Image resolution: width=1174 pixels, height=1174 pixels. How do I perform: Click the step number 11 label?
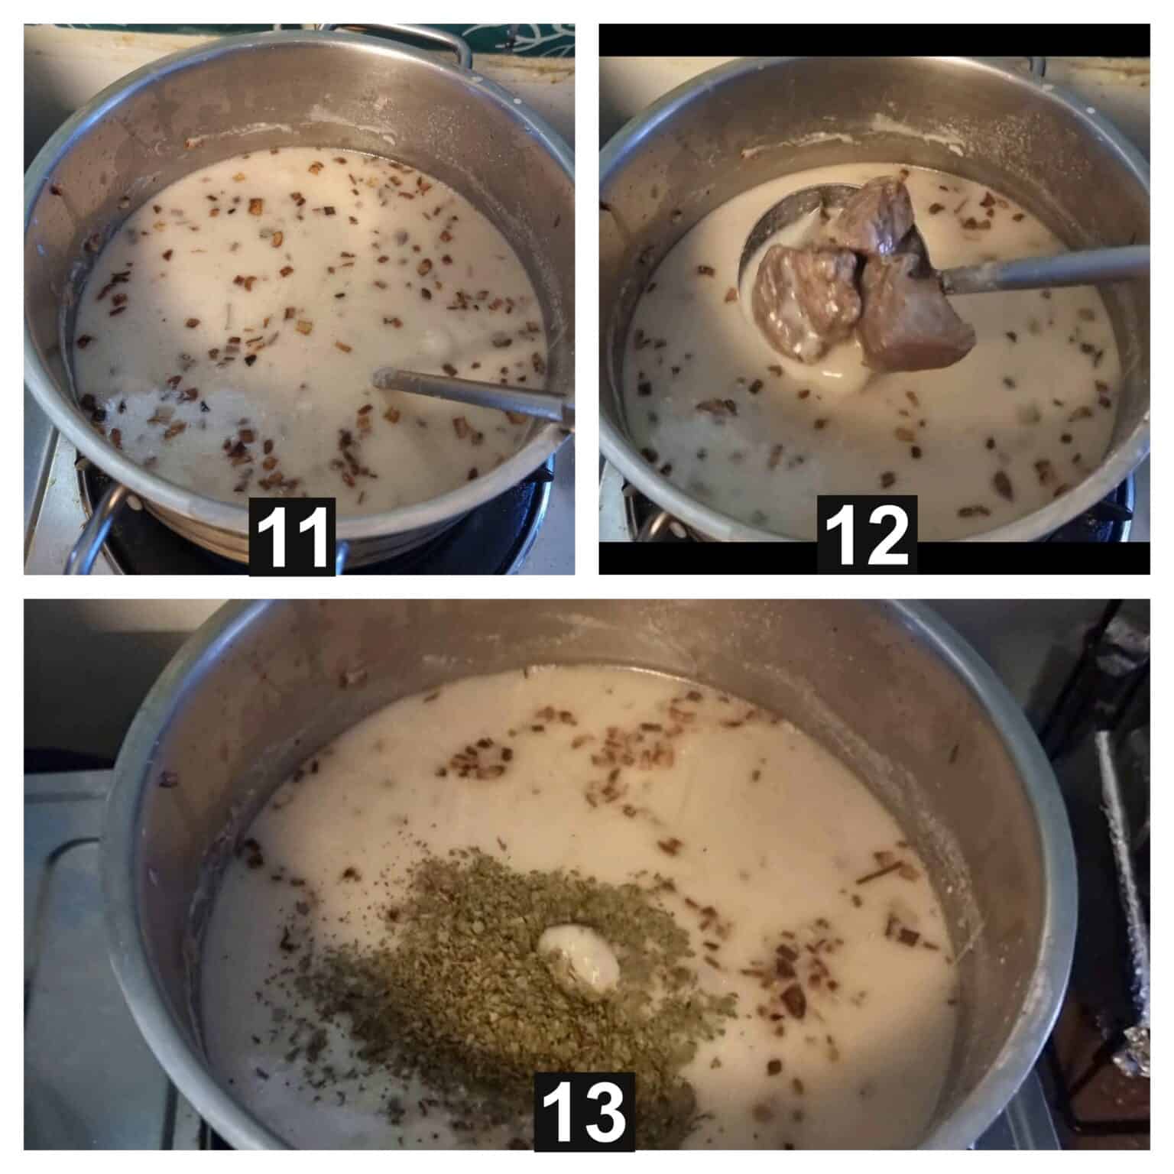pyautogui.click(x=293, y=537)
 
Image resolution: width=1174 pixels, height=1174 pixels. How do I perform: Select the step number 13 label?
pyautogui.click(x=584, y=1112)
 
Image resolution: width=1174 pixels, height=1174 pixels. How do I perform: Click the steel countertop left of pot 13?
pyautogui.click(x=69, y=955)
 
